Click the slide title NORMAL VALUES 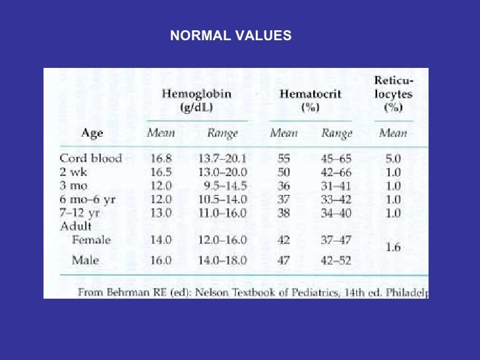pyautogui.click(x=230, y=36)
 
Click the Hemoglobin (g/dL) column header pyautogui.click(x=196, y=100)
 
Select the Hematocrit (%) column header pyautogui.click(x=310, y=100)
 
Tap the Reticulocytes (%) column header pyautogui.click(x=394, y=94)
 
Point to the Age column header pyautogui.click(x=92, y=133)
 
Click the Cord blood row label pyautogui.click(x=90, y=158)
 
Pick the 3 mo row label pyautogui.click(x=73, y=185)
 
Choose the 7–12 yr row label pyautogui.click(x=79, y=213)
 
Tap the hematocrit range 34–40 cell pyautogui.click(x=337, y=213)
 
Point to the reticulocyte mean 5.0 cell pyautogui.click(x=394, y=158)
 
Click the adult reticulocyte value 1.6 pyautogui.click(x=394, y=247)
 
